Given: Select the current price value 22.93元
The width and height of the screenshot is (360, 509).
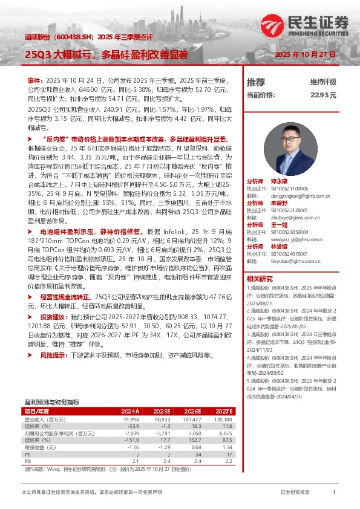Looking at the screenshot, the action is coord(340,95).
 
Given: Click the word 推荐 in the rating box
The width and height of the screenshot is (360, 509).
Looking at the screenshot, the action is coord(256,82).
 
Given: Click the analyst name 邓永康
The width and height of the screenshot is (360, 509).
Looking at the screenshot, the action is coord(278,181).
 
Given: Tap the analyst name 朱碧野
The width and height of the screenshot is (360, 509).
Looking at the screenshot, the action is coord(278,203).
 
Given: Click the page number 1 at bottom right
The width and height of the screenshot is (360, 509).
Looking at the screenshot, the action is coord(334,493).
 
